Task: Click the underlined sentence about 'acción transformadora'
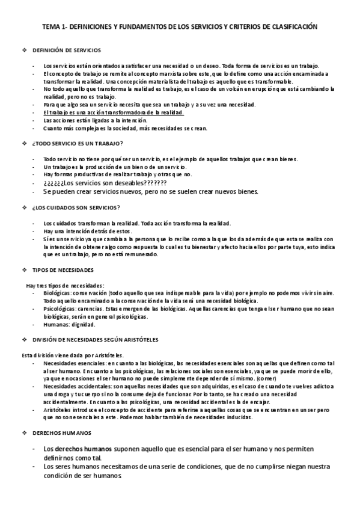114,112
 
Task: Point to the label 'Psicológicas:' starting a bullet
59,308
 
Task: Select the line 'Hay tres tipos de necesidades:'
65,284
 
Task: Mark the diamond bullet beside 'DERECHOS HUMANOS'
24,432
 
